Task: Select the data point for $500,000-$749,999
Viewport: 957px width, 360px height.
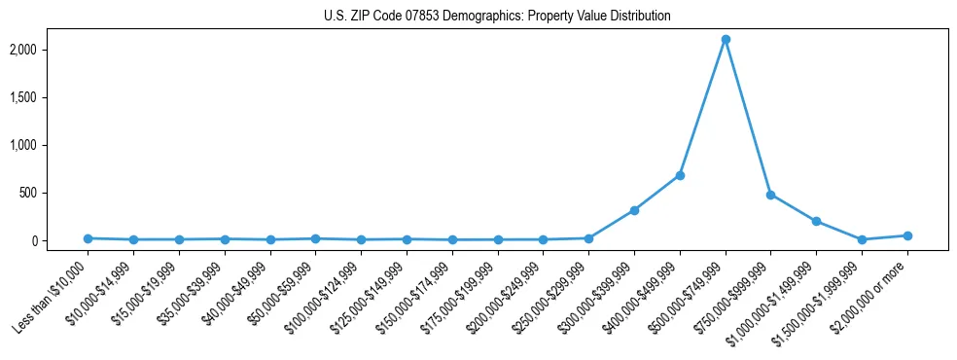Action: [x=726, y=40]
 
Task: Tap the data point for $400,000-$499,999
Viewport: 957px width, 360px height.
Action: [x=680, y=175]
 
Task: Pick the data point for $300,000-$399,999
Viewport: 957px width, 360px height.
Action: [x=634, y=210]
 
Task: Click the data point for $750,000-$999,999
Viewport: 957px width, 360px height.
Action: [x=770, y=195]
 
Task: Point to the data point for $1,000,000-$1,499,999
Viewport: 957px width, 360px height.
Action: [x=816, y=221]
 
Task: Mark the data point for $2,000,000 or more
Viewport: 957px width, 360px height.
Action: [x=907, y=235]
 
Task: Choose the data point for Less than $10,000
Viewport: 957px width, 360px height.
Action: [x=88, y=238]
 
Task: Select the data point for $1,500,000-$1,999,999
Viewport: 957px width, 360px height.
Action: [x=862, y=239]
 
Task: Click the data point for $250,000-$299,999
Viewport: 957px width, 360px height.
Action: [x=588, y=238]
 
